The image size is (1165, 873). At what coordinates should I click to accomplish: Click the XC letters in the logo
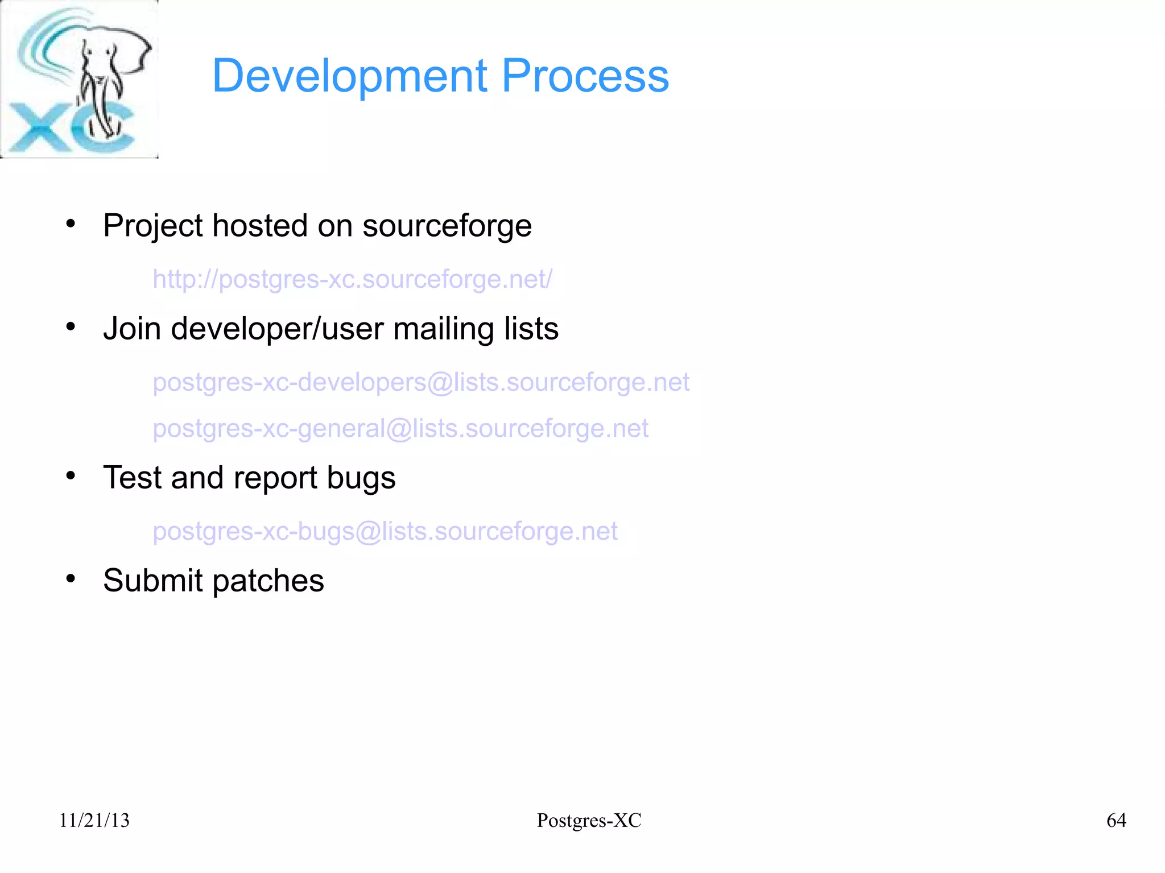click(68, 128)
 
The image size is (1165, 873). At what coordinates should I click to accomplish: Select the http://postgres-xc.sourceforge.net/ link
click(352, 279)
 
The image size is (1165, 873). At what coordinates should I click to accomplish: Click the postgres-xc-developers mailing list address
click(421, 382)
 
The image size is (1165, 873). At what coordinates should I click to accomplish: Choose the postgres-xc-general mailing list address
click(400, 428)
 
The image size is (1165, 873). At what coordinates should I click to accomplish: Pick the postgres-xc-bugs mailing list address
click(385, 531)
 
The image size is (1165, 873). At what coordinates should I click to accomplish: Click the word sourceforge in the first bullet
click(447, 226)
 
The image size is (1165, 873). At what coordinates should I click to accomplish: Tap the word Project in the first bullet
click(152, 226)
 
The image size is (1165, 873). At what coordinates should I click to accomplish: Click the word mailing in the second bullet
click(436, 329)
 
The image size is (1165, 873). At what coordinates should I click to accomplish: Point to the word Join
click(133, 329)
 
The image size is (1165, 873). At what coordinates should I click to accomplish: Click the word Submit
click(152, 581)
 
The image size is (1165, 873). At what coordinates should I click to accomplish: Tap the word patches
click(268, 581)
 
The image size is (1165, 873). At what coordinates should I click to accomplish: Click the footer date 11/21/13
click(94, 820)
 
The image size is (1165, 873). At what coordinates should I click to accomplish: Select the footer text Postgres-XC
click(589, 820)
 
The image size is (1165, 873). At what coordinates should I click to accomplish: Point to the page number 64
click(1116, 820)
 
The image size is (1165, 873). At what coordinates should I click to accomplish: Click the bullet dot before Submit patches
click(71, 579)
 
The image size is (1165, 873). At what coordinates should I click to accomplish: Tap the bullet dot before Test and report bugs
click(71, 476)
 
